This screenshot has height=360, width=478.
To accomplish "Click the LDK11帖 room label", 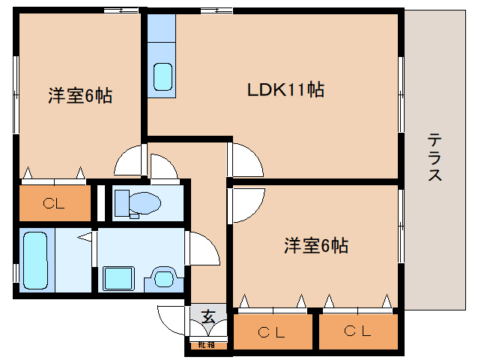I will (285, 90).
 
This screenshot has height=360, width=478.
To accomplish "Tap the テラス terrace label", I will (435, 157).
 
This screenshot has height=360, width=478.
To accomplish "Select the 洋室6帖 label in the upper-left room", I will (80, 96).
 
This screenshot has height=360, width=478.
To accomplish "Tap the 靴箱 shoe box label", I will (206, 345).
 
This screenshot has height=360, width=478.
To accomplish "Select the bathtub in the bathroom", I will (34, 259).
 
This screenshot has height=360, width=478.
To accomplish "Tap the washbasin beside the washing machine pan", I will (163, 277).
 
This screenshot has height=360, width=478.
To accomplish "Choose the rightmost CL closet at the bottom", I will (357, 331).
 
